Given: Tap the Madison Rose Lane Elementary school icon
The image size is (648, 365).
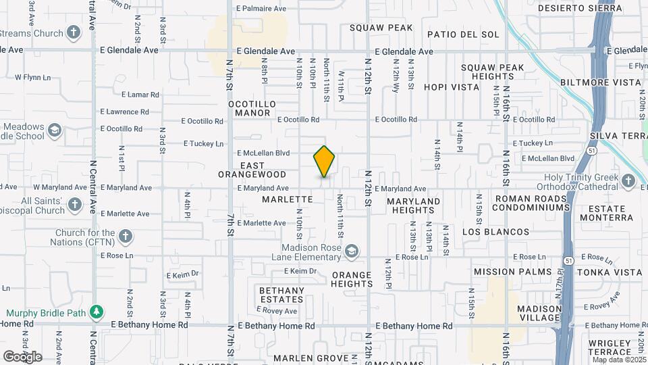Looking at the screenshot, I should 351,252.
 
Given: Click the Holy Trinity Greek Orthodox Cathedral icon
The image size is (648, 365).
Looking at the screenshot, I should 628,181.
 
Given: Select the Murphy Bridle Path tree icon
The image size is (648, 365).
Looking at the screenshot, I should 98,312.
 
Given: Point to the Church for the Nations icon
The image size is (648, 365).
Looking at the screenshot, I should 125,236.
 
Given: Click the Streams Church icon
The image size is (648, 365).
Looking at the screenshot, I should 74,32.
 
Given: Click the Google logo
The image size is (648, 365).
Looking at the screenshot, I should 22,357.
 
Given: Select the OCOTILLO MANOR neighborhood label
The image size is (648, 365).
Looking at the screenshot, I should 252,108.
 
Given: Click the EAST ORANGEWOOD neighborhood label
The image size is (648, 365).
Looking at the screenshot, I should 252,170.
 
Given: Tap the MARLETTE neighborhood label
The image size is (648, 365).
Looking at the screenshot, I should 288,199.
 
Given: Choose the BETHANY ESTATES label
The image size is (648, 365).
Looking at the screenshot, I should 281,295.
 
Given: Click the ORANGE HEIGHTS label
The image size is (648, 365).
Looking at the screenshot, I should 351,279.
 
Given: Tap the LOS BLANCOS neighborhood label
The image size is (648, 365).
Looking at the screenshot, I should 496,232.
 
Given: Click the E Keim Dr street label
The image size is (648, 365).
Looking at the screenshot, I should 300,271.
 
